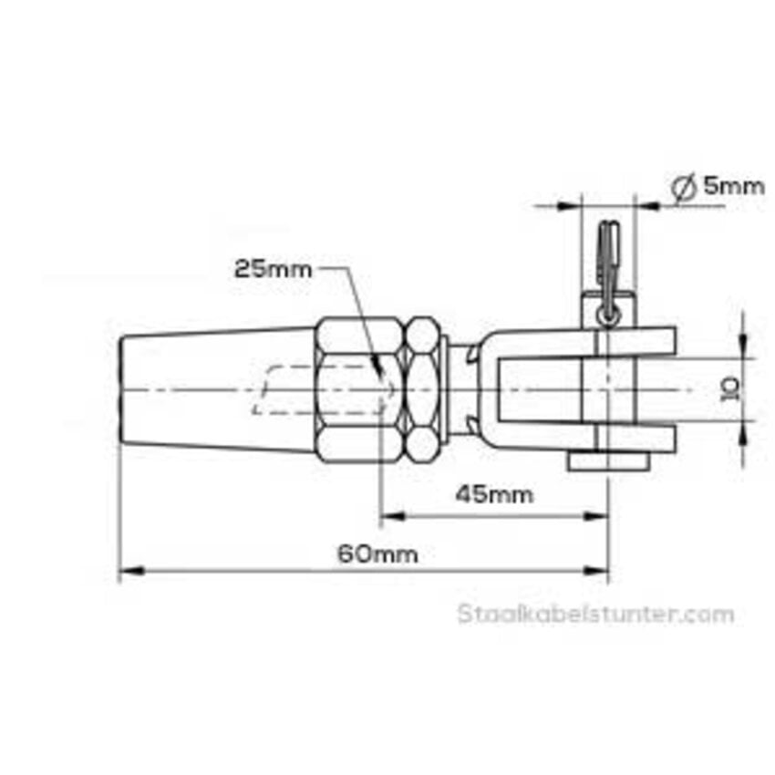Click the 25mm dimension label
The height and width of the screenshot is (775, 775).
click(x=274, y=269)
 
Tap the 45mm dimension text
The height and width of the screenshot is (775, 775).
click(x=495, y=494)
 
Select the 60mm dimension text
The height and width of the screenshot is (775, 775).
click(x=378, y=554)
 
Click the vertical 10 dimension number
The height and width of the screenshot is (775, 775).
click(x=731, y=389)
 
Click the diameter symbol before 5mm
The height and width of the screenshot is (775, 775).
click(x=684, y=189)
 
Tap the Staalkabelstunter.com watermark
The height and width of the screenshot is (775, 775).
click(x=595, y=614)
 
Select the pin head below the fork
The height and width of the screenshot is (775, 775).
click(x=608, y=461)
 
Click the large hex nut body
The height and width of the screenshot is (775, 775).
click(x=359, y=390)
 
